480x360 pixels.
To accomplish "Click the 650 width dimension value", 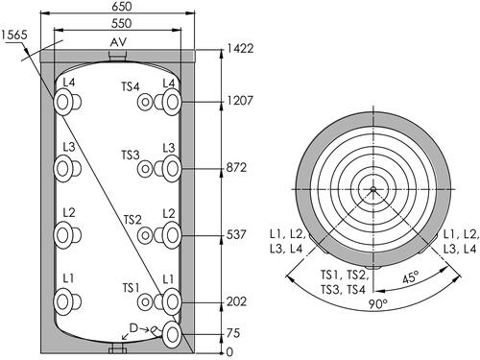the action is coord(122,6).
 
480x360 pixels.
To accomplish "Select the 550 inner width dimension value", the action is coord(122,23).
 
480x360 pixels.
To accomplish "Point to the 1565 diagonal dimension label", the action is coord(14,35).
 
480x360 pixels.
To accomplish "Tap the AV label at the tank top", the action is coord(118,42).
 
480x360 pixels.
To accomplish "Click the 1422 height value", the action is coord(240,48).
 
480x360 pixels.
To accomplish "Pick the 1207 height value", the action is coord(240,101).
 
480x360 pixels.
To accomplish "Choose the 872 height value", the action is coord(236,168).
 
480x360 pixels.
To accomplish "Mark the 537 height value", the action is coord(236,235).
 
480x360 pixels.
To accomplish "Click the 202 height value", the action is coord(236,301).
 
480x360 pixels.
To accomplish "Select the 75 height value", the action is coord(233,333).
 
